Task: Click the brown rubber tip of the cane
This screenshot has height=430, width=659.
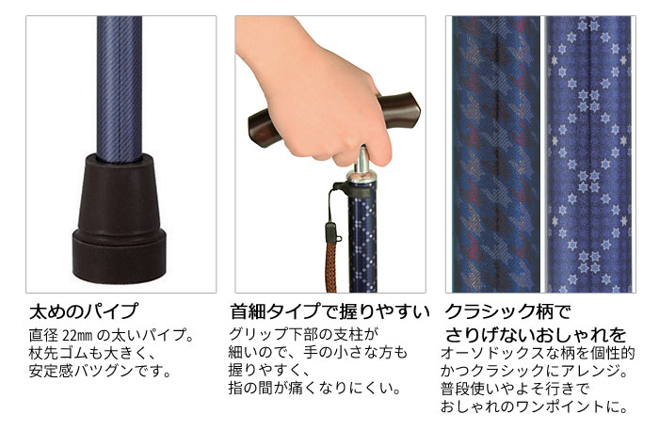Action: pyautogui.click(x=119, y=218)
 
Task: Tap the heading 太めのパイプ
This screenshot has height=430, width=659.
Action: pyautogui.click(x=83, y=311)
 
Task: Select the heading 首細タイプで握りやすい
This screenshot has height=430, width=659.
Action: pyautogui.click(x=329, y=311)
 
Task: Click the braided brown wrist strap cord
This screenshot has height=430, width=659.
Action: pyautogui.click(x=331, y=264)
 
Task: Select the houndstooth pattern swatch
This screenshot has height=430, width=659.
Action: pyautogui.click(x=496, y=154)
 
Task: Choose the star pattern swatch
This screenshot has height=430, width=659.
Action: pyautogui.click(x=589, y=154)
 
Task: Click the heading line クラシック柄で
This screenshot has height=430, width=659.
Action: pyautogui.click(x=507, y=311)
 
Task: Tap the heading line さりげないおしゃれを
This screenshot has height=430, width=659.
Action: pyautogui.click(x=535, y=335)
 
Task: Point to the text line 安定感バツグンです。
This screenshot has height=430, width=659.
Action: pyautogui.click(x=101, y=371)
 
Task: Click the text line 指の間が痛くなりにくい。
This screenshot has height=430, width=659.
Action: pyautogui.click(x=314, y=388)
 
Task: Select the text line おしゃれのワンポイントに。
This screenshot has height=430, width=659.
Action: pyautogui.click(x=534, y=406)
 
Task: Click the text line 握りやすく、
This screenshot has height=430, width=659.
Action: pyautogui.click(x=269, y=370)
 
